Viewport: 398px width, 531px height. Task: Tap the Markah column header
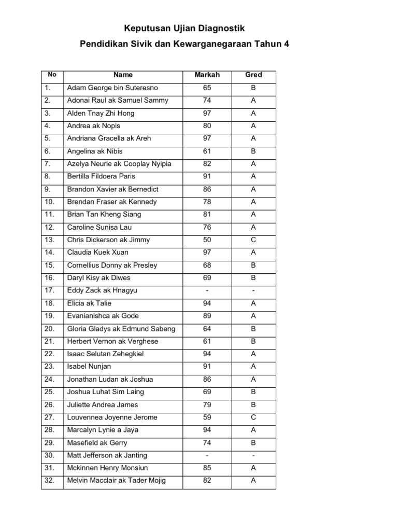pyautogui.click(x=207, y=75)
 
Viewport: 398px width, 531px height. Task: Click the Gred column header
pyautogui.click(x=253, y=75)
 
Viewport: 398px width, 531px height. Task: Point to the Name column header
pyautogui.click(x=123, y=75)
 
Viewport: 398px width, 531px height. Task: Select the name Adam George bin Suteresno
pyautogui.click(x=112, y=88)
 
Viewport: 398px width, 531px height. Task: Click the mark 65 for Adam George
pyautogui.click(x=207, y=88)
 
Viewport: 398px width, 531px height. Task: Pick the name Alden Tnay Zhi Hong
pyautogui.click(x=101, y=113)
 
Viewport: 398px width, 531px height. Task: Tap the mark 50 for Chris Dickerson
pyautogui.click(x=207, y=240)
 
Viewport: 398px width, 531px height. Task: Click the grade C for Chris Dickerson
pyautogui.click(x=253, y=240)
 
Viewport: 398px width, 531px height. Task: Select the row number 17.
pyautogui.click(x=49, y=290)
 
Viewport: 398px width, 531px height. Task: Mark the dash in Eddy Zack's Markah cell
pyautogui.click(x=207, y=290)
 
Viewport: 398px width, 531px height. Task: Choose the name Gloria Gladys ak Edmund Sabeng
pyautogui.click(x=121, y=329)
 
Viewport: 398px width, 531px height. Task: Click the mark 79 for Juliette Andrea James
pyautogui.click(x=207, y=404)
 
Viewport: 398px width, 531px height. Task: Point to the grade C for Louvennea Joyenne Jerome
pyautogui.click(x=253, y=417)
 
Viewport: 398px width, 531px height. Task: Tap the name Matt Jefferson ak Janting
pyautogui.click(x=107, y=455)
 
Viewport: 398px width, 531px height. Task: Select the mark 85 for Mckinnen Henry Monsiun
pyautogui.click(x=207, y=468)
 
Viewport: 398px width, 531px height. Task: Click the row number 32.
pyautogui.click(x=49, y=481)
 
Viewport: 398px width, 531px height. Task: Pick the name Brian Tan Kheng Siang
pyautogui.click(x=104, y=214)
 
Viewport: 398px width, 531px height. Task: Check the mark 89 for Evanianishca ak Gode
pyautogui.click(x=207, y=316)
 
